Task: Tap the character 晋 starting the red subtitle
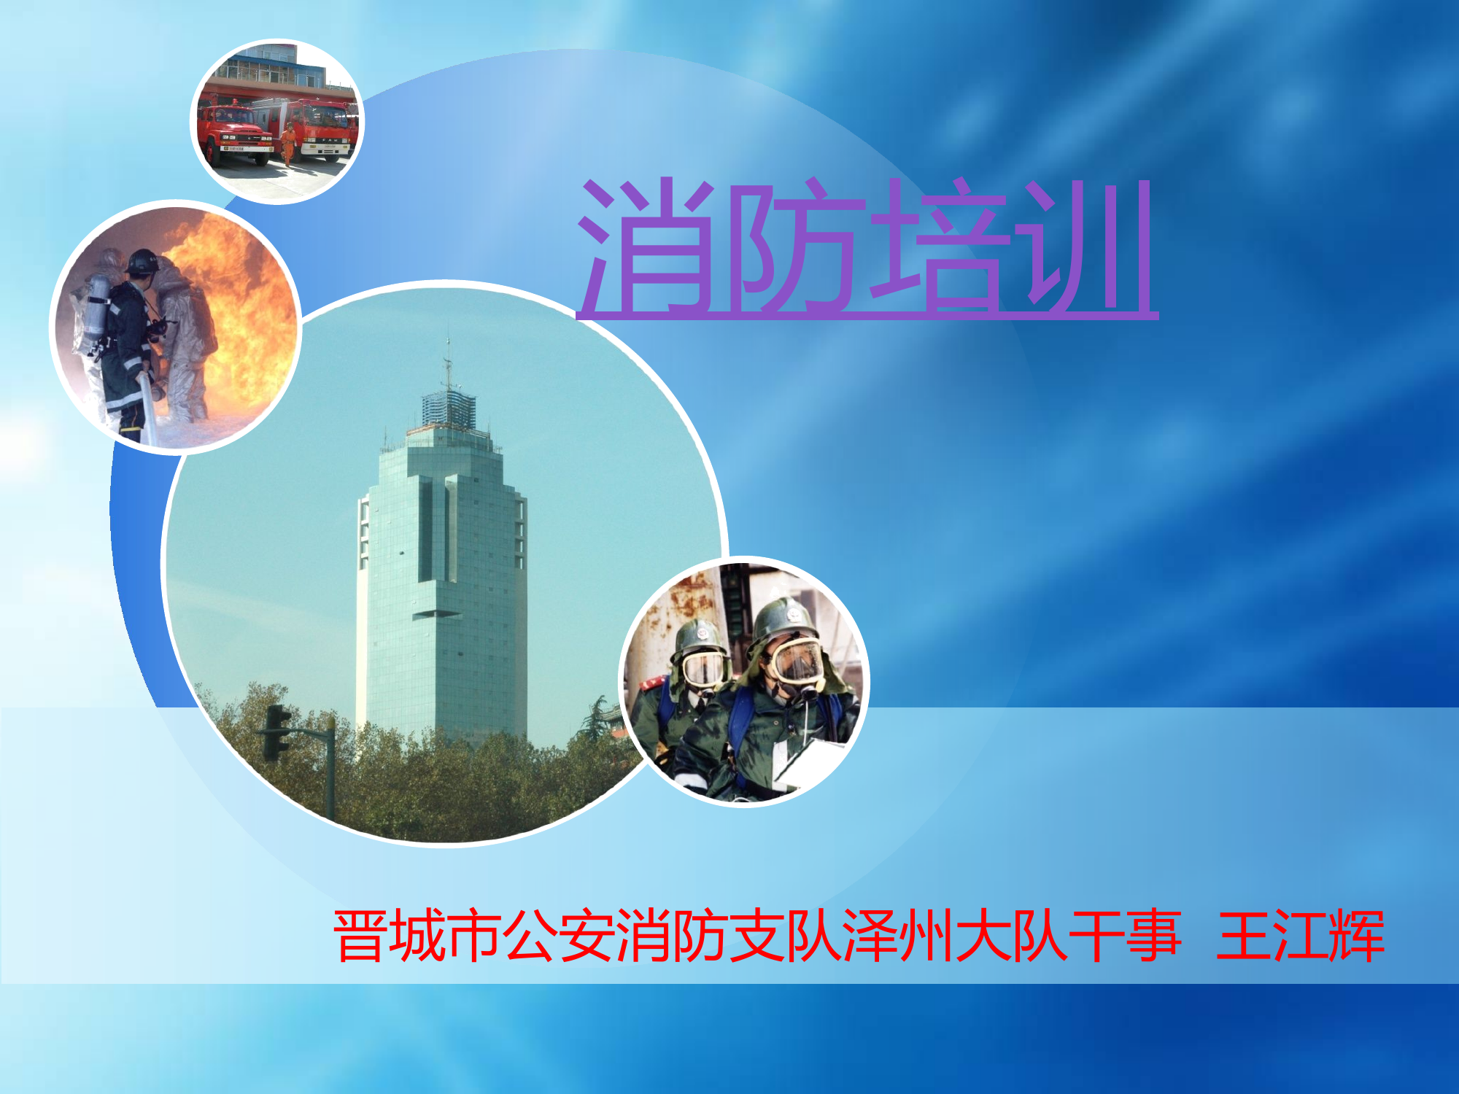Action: pos(359,936)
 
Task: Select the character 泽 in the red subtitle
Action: pos(870,936)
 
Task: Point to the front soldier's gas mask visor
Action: pos(797,660)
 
